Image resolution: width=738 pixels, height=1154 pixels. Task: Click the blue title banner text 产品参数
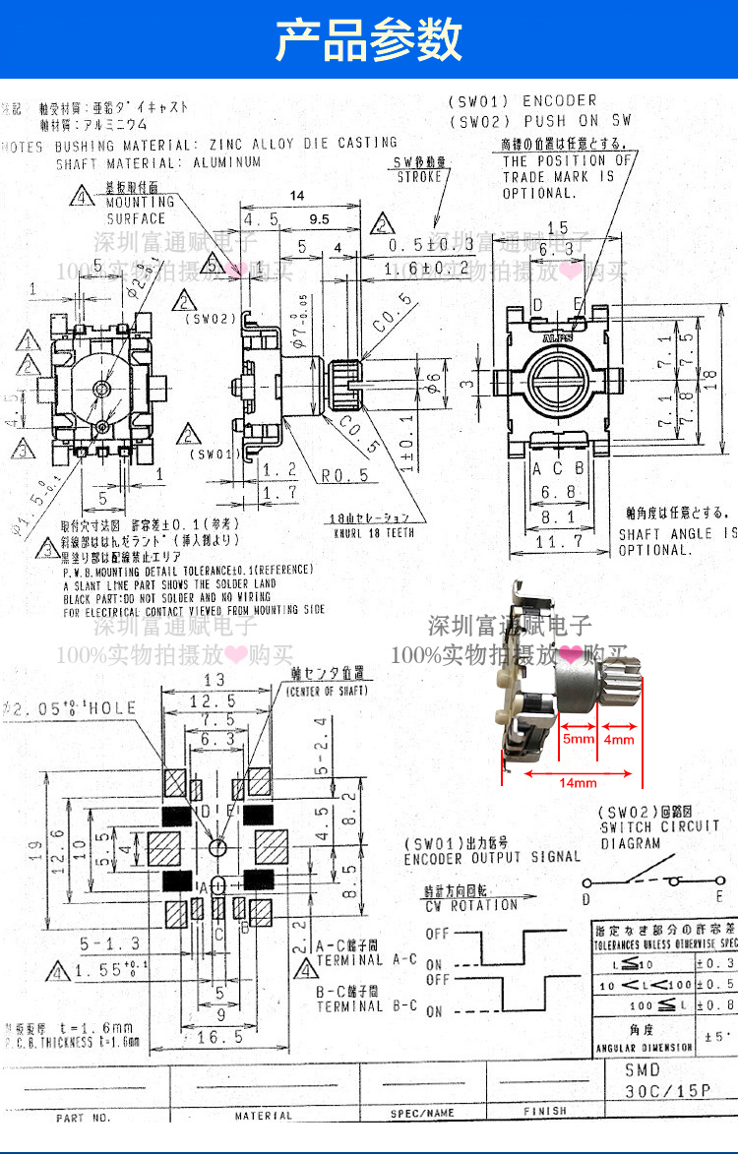tap(369, 39)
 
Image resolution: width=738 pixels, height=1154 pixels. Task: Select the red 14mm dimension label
tap(578, 783)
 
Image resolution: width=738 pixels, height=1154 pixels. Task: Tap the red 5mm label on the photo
tap(578, 738)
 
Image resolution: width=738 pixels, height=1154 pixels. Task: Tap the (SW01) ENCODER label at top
tap(522, 100)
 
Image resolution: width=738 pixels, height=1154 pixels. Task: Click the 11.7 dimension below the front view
tap(560, 541)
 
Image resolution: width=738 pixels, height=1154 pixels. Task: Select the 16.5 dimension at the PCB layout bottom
tap(219, 1037)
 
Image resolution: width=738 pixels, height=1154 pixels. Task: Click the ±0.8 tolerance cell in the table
tap(715, 1005)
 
